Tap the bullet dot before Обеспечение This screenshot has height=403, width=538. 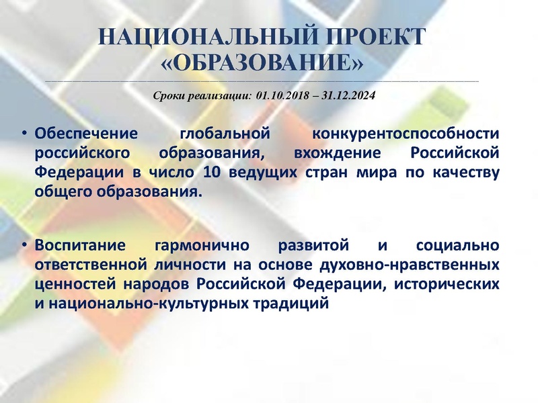click(x=24, y=134)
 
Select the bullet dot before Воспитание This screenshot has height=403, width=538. click(x=24, y=244)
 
